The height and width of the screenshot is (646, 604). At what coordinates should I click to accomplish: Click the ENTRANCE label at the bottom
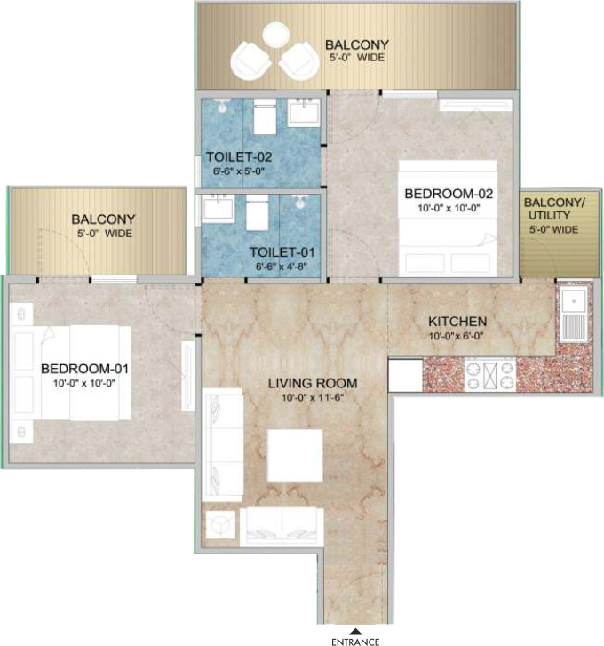pyautogui.click(x=355, y=642)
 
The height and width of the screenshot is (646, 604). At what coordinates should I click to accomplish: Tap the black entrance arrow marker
pyautogui.click(x=355, y=631)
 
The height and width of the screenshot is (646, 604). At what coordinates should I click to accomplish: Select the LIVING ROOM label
pyautogui.click(x=313, y=383)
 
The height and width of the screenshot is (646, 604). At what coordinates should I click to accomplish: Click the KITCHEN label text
pyautogui.click(x=457, y=322)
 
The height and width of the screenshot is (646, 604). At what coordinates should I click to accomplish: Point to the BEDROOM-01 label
pyautogui.click(x=84, y=369)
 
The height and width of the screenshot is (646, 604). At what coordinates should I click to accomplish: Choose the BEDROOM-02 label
pyautogui.click(x=449, y=194)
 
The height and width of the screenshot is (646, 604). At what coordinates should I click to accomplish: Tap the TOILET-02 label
pyautogui.click(x=239, y=157)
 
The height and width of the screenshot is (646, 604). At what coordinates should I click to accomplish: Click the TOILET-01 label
pyautogui.click(x=282, y=252)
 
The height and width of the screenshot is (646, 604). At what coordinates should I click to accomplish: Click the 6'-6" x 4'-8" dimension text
pyautogui.click(x=282, y=267)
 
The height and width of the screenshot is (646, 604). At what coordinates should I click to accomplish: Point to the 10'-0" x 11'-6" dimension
pyautogui.click(x=313, y=398)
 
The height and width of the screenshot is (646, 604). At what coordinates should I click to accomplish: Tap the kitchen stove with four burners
pyautogui.click(x=490, y=375)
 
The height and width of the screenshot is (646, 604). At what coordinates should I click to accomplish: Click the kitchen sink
pyautogui.click(x=573, y=315)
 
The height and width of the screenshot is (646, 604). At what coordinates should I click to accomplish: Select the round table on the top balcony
pyautogui.click(x=277, y=35)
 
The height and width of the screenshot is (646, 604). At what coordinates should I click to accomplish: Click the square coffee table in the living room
pyautogui.click(x=294, y=455)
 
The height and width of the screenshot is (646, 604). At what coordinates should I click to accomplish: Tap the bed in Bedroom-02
pyautogui.click(x=448, y=218)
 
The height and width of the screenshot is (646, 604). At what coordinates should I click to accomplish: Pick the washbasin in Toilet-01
pyautogui.click(x=218, y=209)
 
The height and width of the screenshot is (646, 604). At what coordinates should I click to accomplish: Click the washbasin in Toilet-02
pyautogui.click(x=304, y=112)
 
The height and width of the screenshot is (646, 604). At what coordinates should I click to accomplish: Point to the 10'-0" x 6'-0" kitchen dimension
pyautogui.click(x=456, y=336)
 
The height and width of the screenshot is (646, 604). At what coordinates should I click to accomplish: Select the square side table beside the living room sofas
pyautogui.click(x=220, y=524)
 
